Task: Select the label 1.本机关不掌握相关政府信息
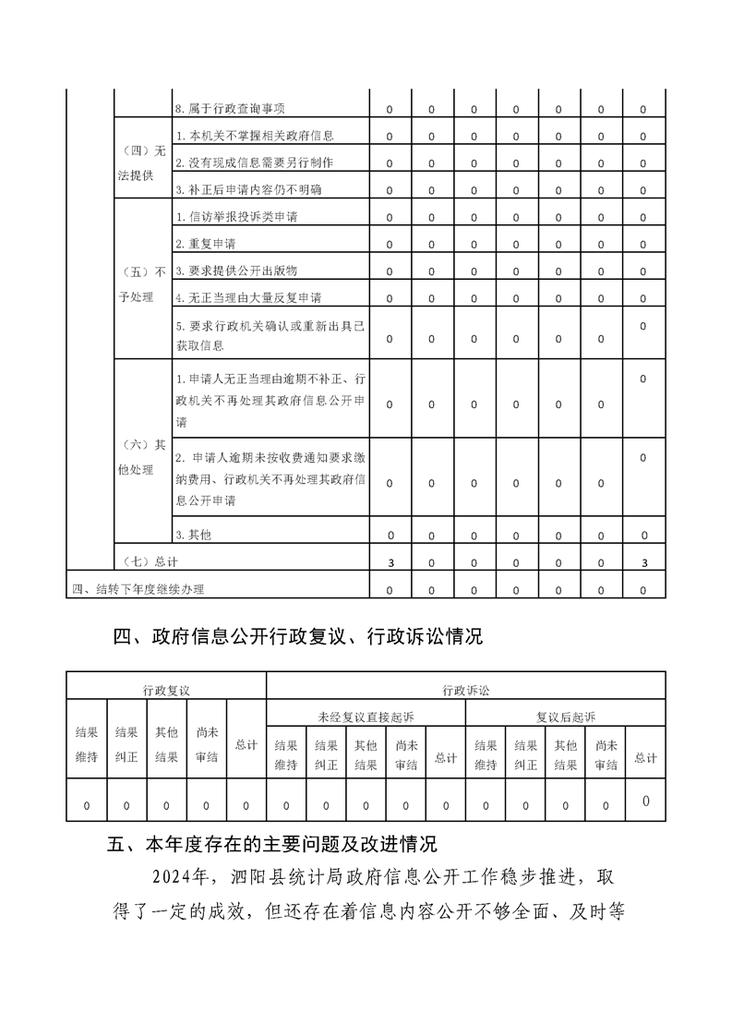click(254, 136)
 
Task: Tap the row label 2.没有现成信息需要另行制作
click(254, 163)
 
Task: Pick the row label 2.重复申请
click(205, 244)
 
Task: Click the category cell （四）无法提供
click(143, 163)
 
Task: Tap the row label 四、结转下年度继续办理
click(138, 589)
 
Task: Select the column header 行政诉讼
click(465, 690)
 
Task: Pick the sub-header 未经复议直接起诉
click(366, 716)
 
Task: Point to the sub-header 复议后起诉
click(565, 716)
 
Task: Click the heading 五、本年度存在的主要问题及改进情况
click(272, 844)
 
